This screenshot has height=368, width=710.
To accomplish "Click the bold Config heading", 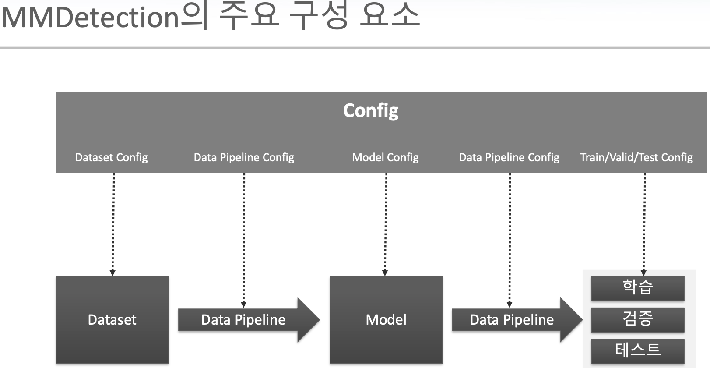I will coord(371,110).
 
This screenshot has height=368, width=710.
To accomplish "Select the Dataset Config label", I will coord(111,157).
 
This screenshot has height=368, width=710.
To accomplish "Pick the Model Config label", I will coord(385,157).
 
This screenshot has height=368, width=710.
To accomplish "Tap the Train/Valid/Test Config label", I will coord(636,157).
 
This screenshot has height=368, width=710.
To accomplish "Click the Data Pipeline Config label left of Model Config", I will coord(244,157).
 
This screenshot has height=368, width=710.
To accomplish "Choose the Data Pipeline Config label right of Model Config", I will coord(509,157).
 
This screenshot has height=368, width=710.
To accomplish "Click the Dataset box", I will coord(112,320).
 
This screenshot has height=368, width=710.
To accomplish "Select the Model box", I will coord(386,320).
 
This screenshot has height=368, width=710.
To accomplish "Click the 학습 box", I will coord(637,288).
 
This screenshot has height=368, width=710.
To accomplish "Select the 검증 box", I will coord(637,319).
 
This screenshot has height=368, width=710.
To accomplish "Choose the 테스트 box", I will coord(637,350).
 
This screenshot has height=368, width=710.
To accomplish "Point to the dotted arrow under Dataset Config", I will coord(113,223).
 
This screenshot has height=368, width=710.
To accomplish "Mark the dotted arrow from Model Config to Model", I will coord(386,223).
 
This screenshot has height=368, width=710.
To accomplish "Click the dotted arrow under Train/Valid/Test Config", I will coord(644,223).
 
